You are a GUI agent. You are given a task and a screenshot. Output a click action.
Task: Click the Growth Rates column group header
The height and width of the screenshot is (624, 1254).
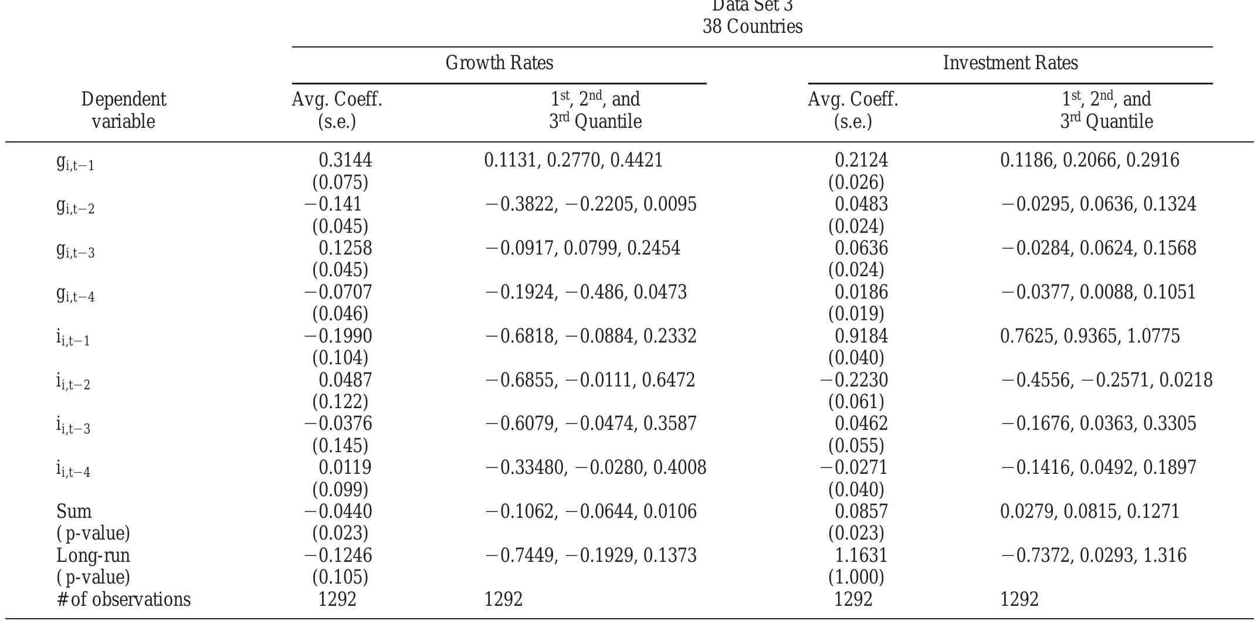pos(499,63)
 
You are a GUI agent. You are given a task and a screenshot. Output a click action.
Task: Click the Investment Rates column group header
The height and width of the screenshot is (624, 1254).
pos(1010,63)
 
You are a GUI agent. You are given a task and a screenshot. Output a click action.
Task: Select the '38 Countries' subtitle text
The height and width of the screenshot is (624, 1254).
pos(753,26)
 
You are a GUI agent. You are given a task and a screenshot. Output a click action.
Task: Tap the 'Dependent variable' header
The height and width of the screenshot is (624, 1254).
pos(123,110)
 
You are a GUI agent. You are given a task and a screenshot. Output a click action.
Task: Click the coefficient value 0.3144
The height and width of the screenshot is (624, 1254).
pos(345,160)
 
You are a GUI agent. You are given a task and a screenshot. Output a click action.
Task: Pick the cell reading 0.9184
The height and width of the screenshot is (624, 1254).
pos(861,336)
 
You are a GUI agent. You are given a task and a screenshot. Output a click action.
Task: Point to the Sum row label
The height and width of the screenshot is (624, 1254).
pos(74,511)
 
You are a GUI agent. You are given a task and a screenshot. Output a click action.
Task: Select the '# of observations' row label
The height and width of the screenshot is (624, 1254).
pos(124,599)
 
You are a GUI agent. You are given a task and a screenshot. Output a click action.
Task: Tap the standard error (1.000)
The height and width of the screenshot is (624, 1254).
pos(856,578)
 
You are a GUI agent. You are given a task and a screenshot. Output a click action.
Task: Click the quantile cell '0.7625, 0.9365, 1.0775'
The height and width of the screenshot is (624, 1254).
pos(1090,336)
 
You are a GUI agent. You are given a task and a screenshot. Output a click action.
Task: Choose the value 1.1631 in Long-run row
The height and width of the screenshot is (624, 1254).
pos(861,555)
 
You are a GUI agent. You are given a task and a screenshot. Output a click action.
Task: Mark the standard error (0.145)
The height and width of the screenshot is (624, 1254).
pos(340,446)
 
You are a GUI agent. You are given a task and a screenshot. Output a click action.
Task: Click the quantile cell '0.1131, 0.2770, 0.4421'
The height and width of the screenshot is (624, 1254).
pos(573,160)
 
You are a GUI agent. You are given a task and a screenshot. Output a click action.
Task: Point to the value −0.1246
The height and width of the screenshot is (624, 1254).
pos(338,555)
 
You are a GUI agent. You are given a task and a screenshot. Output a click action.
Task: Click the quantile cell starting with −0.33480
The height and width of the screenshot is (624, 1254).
pos(595,467)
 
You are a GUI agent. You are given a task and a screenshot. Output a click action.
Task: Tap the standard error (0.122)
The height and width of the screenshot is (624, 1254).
pos(340,402)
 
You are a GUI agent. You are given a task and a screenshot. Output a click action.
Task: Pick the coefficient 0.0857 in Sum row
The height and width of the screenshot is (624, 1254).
pos(861,511)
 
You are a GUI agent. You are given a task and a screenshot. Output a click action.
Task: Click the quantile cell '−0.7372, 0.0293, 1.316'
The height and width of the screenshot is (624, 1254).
pos(1093,555)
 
